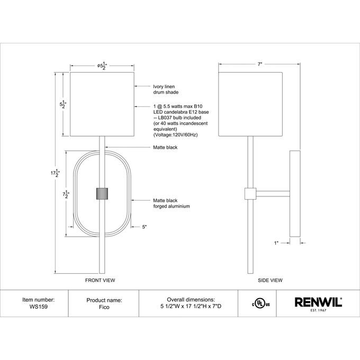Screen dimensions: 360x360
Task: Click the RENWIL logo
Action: tap(318, 303)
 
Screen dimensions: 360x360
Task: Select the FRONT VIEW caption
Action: tap(100, 280)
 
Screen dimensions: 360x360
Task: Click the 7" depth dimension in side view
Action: tap(259, 64)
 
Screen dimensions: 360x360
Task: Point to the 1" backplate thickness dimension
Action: tap(276, 243)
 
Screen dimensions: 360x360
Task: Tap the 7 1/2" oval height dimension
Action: tap(65, 194)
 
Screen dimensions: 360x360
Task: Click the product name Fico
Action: tap(104, 307)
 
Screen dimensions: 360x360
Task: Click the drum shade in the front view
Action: tap(101, 104)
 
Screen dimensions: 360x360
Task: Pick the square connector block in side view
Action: tap(249, 194)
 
